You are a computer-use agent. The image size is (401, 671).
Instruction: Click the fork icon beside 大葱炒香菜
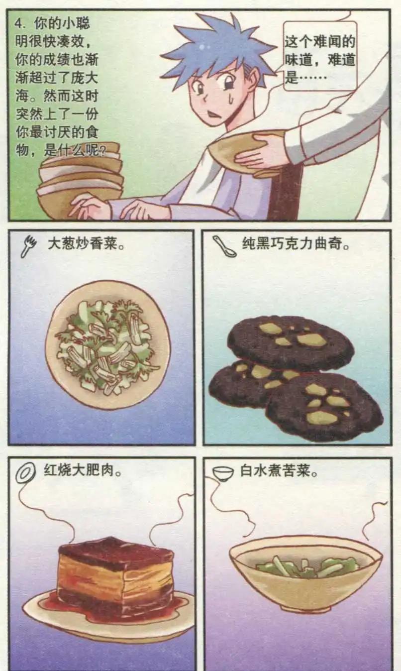29,246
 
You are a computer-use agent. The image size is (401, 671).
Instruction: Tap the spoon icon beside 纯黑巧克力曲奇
224,246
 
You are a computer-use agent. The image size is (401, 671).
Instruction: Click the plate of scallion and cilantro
107,344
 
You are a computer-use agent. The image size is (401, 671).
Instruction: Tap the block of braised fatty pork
115,572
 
